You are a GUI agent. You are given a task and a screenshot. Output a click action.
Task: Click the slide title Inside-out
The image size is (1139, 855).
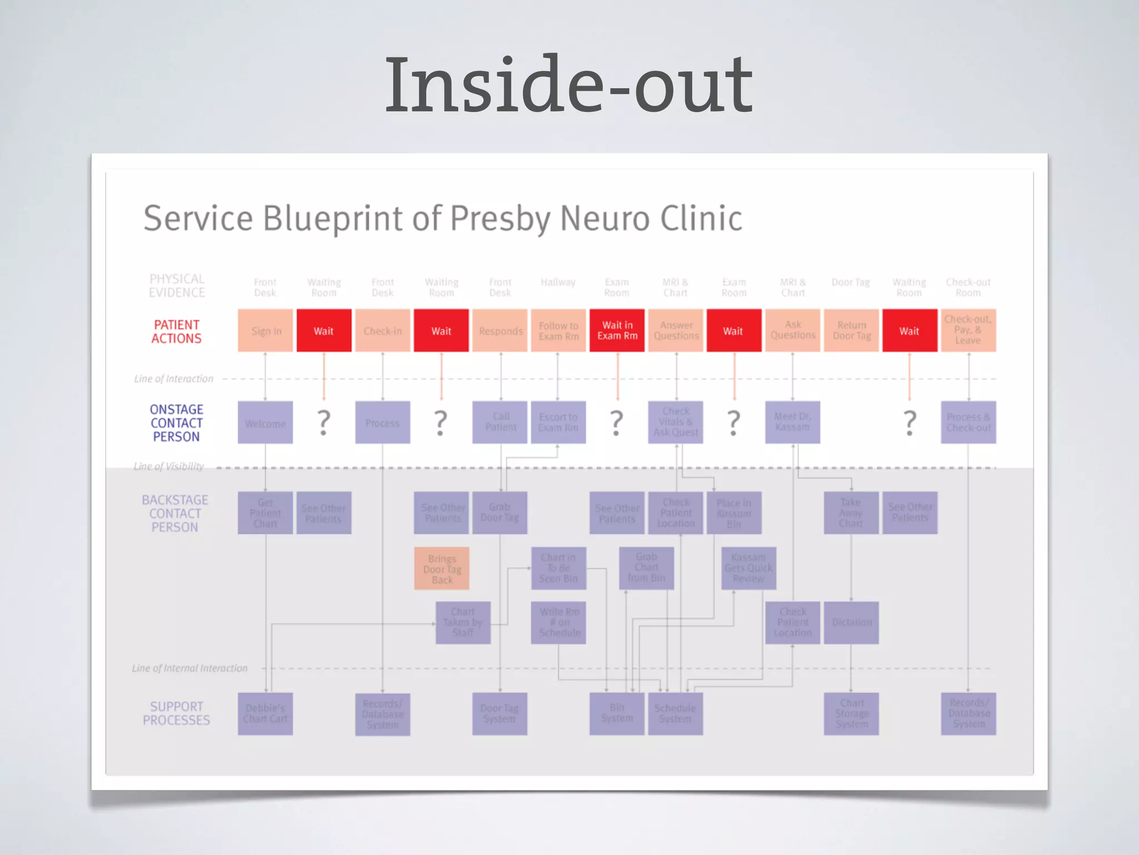coord(568,85)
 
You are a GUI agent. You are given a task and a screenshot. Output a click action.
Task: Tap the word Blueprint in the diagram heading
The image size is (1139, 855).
coord(332,218)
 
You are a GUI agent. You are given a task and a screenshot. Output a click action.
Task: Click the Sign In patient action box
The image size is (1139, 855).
coord(265,331)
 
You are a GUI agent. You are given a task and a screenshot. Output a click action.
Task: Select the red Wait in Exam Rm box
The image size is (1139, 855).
coord(617,331)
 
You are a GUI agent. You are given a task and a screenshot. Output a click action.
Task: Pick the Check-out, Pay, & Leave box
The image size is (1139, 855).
coord(968,330)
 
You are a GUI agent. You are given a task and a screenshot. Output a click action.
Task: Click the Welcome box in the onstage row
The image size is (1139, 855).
coord(265,423)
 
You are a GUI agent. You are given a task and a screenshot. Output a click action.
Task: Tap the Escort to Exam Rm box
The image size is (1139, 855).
coord(558,422)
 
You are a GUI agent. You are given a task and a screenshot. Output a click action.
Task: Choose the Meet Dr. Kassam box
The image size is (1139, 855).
coord(793,422)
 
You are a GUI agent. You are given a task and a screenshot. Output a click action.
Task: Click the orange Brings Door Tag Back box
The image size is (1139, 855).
coord(442,569)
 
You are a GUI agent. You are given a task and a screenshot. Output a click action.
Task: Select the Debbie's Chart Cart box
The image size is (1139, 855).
coord(265,714)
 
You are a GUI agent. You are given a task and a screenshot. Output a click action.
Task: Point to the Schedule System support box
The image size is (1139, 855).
coord(675,714)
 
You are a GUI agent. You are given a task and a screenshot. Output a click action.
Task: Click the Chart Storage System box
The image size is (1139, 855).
coord(851,714)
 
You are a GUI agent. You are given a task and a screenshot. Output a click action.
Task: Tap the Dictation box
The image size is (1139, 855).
coord(851,622)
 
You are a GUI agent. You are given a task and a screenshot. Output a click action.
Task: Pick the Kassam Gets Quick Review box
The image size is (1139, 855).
coord(749,568)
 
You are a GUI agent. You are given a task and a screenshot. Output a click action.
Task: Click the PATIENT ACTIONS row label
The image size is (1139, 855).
coord(176,331)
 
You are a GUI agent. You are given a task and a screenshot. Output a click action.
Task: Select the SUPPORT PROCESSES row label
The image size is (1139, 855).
coord(176,713)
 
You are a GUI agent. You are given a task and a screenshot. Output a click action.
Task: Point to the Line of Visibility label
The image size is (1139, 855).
coord(169,466)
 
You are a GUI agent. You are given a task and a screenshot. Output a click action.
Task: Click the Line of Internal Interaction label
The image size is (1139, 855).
coord(190,668)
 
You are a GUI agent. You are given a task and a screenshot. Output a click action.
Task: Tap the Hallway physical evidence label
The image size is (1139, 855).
coord(558,283)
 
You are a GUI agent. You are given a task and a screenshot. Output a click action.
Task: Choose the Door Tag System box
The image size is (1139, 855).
coord(499,714)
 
